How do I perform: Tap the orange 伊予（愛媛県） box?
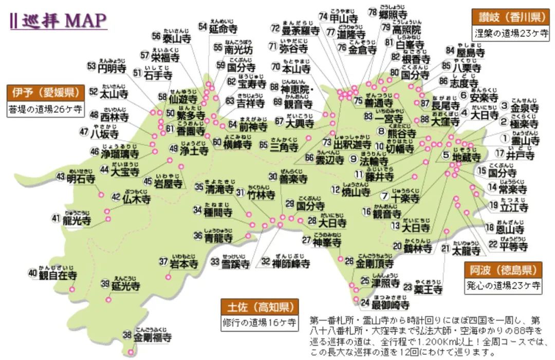(45, 93)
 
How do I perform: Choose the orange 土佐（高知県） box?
(260, 307)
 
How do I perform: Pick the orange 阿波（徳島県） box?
(504, 270)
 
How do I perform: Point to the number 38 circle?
(127, 335)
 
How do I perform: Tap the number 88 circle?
(424, 120)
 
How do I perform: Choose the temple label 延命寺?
(225, 29)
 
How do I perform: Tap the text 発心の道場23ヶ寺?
(504, 285)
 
